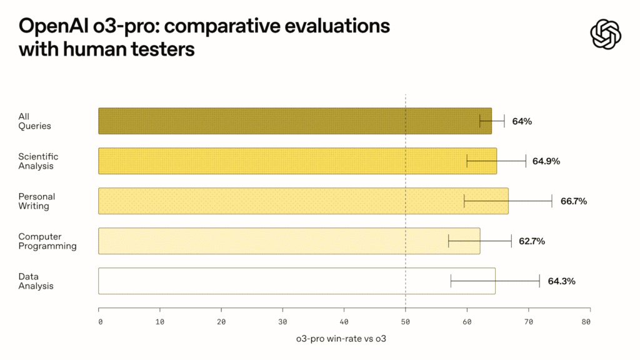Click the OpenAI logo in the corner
[606, 34]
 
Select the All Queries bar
[295, 121]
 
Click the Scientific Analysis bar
[297, 161]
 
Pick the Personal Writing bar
[303, 201]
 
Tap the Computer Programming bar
[289, 241]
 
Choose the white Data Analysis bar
[297, 281]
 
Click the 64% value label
[522, 121]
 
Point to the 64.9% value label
[546, 161]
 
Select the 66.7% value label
[574, 201]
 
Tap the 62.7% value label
[532, 241]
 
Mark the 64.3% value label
[562, 281]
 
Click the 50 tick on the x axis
[405, 322]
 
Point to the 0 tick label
[101, 322]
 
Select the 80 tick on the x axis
[586, 322]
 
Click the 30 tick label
[282, 322]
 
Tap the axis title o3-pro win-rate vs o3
[341, 339]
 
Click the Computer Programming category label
[47, 241]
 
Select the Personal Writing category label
[37, 201]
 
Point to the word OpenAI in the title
[54, 26]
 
